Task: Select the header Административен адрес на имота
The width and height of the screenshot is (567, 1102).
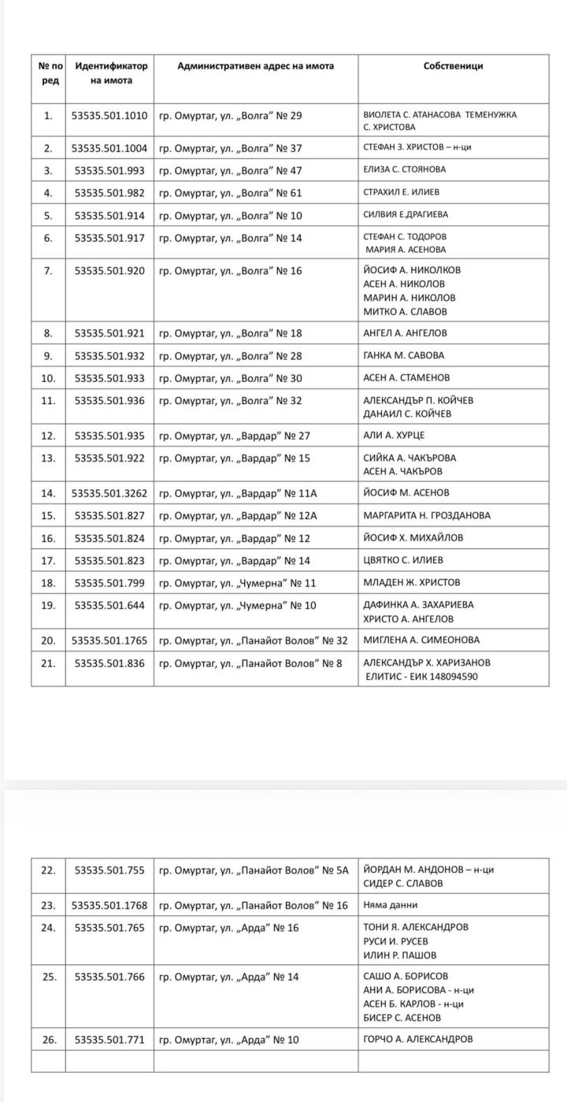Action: [x=255, y=66]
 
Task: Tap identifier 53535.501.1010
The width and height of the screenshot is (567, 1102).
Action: [x=109, y=116]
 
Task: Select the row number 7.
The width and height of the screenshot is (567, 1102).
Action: [x=48, y=271]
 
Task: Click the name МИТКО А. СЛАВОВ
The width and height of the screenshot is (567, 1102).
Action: [x=405, y=311]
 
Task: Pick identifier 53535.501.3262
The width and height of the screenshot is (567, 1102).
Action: [x=109, y=493]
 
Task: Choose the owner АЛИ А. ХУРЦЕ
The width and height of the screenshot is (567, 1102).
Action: [x=394, y=435]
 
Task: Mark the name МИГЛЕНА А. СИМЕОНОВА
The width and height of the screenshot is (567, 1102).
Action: [x=421, y=640]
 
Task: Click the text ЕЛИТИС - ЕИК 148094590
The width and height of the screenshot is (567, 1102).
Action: [x=421, y=676]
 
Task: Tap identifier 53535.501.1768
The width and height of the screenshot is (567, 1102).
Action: [x=109, y=905]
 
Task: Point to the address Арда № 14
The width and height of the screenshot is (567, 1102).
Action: [x=228, y=977]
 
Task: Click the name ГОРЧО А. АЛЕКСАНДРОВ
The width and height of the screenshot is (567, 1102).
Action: [x=418, y=1040]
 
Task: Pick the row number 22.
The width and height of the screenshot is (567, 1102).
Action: [x=48, y=870]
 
